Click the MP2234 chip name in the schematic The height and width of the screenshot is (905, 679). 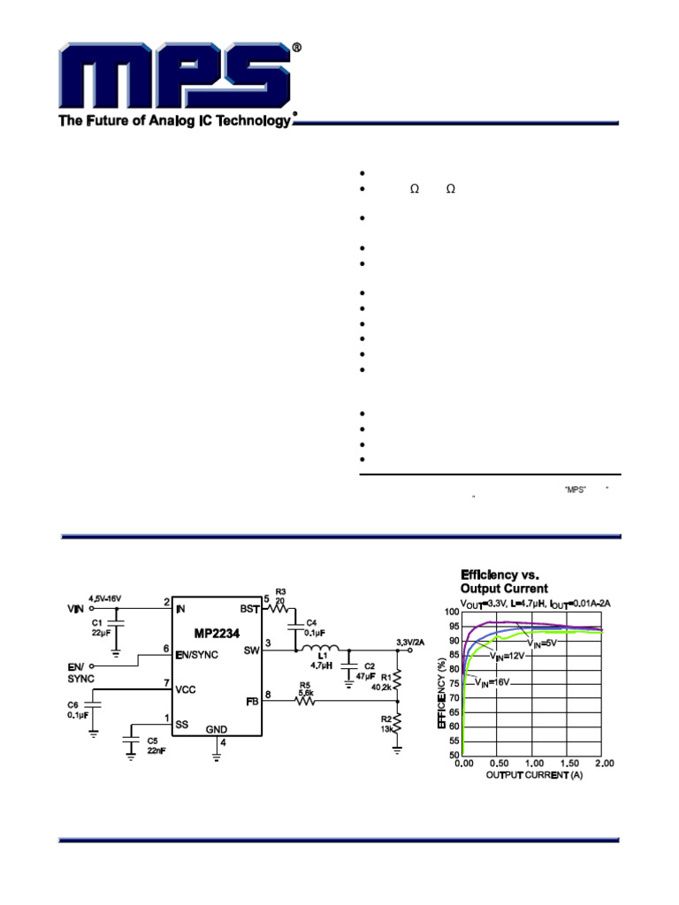(x=216, y=634)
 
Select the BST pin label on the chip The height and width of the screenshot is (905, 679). (x=249, y=609)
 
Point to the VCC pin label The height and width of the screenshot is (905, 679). (x=187, y=688)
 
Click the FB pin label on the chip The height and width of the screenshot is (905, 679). (x=252, y=701)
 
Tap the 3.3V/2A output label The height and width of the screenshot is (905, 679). (x=412, y=641)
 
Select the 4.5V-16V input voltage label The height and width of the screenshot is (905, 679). (x=104, y=598)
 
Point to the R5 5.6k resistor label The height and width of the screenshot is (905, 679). (x=305, y=688)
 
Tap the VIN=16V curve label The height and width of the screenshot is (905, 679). (x=492, y=681)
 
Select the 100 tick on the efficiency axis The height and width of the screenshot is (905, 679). (x=452, y=612)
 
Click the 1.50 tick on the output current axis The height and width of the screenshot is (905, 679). (x=568, y=763)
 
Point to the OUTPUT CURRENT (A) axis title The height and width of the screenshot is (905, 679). (x=533, y=775)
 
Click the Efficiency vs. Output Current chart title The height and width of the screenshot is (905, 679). (x=504, y=582)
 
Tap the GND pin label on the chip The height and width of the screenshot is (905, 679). (x=217, y=729)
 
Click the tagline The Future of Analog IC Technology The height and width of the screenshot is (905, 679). (x=174, y=121)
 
